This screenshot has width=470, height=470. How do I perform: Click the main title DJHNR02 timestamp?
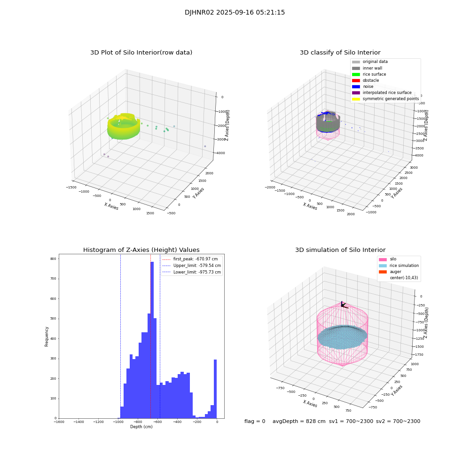coord(235,13)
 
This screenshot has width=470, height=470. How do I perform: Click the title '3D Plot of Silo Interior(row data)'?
coord(141,53)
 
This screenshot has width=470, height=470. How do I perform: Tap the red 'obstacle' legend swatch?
coord(356,80)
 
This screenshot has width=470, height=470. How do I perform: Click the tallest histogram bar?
coord(152,338)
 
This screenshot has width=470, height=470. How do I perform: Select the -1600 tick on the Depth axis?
coord(59,422)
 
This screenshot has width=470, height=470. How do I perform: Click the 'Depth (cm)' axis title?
coord(141,427)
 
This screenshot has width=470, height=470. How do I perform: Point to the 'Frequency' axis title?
coord(47,337)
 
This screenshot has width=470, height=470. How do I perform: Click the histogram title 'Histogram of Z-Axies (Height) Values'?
coord(141,250)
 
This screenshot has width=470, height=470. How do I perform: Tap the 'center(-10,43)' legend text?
coord(404,278)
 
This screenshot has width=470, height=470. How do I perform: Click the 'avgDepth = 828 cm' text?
coord(299,422)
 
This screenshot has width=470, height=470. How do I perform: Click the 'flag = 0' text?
coord(255,422)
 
